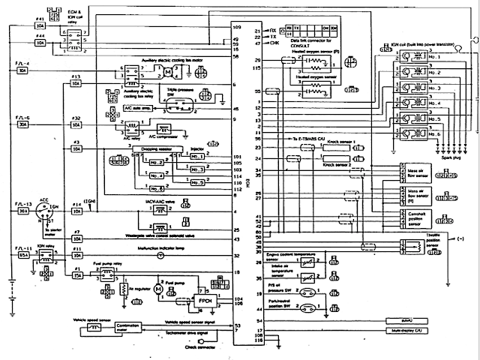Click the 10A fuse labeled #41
pos(41,25)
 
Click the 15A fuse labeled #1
pos(77,276)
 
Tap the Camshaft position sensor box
pos(408,217)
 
